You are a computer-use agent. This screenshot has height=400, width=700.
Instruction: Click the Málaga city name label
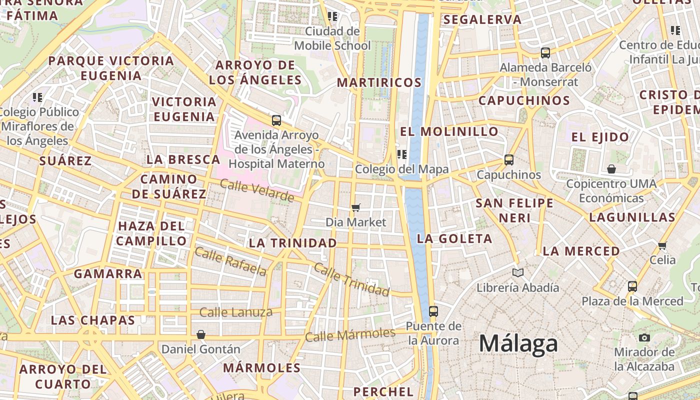pyautogui.click(x=518, y=344)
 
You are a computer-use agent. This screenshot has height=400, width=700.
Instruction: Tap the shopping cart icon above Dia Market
pyautogui.click(x=356, y=207)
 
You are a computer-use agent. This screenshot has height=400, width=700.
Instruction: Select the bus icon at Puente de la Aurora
pyautogui.click(x=433, y=311)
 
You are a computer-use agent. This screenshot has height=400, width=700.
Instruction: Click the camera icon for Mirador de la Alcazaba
pyautogui.click(x=644, y=337)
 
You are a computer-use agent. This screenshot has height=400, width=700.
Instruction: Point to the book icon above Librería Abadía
pyautogui.click(x=518, y=272)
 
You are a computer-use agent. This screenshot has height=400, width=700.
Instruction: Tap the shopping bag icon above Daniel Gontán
pyautogui.click(x=201, y=334)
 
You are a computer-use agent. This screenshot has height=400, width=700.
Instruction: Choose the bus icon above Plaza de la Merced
pyautogui.click(x=632, y=286)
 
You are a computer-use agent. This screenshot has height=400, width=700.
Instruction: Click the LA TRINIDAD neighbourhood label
pyautogui.click(x=293, y=243)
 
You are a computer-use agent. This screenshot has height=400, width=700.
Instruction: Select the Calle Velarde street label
pyautogui.click(x=257, y=190)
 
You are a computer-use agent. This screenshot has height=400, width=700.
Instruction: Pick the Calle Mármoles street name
pyautogui.click(x=350, y=334)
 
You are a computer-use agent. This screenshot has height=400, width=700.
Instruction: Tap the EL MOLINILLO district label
pyautogui.click(x=449, y=131)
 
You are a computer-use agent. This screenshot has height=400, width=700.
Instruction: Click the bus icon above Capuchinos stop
pyautogui.click(x=509, y=160)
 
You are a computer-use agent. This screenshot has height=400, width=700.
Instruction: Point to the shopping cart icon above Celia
pyautogui.click(x=662, y=245)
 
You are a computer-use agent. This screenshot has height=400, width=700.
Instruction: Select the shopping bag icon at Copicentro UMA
pyautogui.click(x=611, y=169)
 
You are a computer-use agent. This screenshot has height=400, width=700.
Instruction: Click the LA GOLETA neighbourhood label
pyautogui.click(x=454, y=238)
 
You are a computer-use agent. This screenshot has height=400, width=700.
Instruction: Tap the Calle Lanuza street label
pyautogui.click(x=236, y=312)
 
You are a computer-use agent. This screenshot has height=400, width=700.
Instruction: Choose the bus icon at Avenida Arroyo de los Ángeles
pyautogui.click(x=276, y=120)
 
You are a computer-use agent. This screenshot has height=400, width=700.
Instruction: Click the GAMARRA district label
pyautogui.click(x=108, y=273)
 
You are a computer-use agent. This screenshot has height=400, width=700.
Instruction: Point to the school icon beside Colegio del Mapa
pyautogui.click(x=401, y=154)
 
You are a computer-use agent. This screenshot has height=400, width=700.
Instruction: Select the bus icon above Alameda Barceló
pyautogui.click(x=545, y=52)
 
